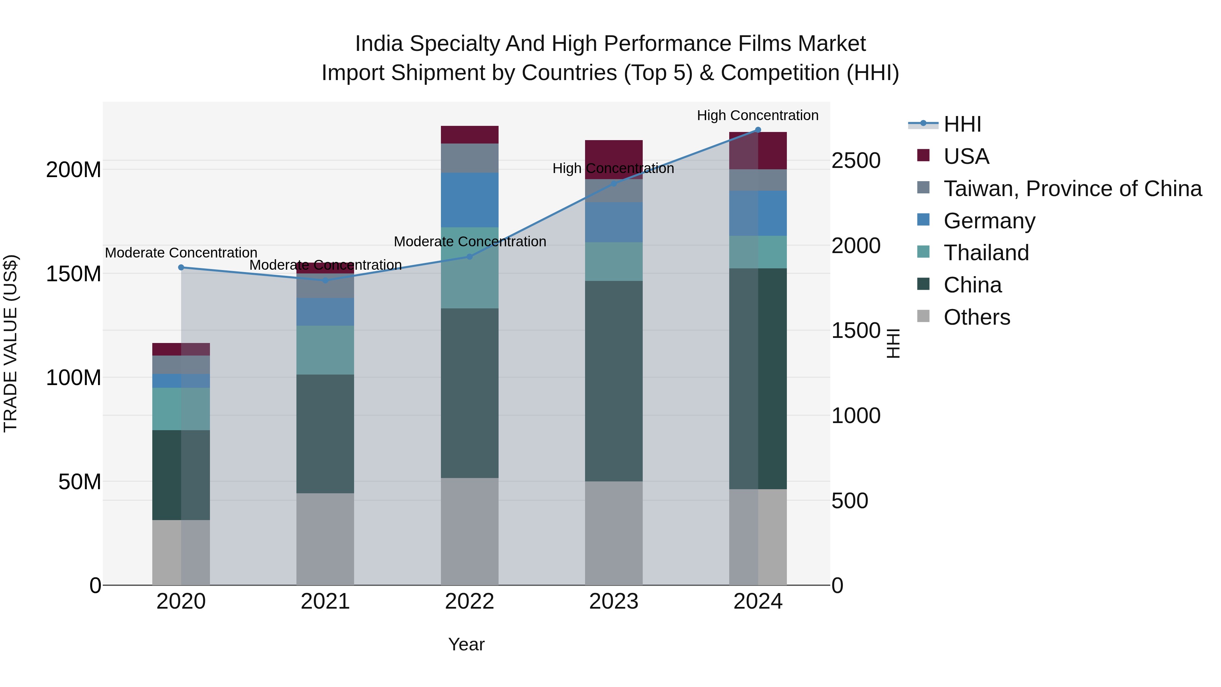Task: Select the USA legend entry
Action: coord(966,156)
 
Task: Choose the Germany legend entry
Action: coord(989,221)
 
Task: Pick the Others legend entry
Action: coord(976,317)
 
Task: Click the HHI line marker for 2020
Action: coord(181,267)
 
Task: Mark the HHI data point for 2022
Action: coord(470,256)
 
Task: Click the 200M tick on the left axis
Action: coord(74,170)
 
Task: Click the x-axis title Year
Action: coord(466,644)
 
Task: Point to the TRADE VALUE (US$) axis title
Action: coord(11,343)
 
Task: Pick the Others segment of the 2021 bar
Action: coord(325,539)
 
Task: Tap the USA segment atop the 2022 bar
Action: coord(469,135)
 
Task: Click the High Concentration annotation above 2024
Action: coord(757,115)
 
